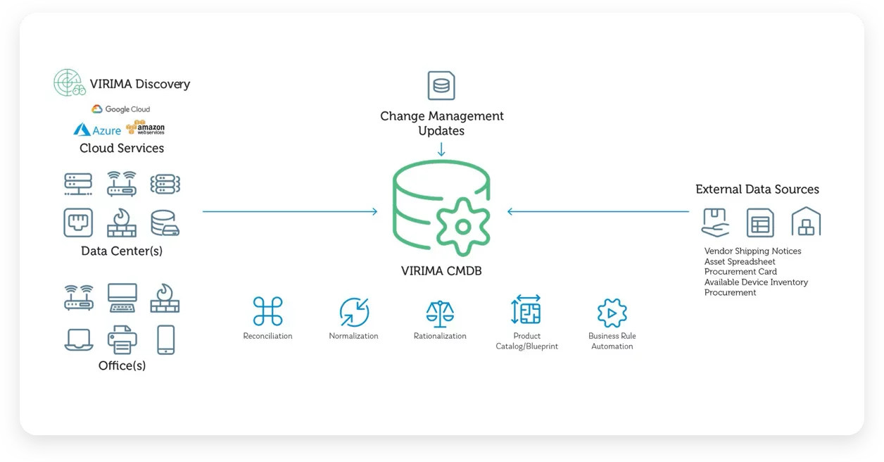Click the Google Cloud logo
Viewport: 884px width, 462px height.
[x=120, y=109]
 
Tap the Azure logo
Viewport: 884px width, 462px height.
[x=97, y=130]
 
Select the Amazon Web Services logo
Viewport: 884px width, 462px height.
[x=145, y=128]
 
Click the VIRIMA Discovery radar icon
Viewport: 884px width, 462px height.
[x=70, y=83]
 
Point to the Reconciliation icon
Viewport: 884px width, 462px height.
[x=267, y=311]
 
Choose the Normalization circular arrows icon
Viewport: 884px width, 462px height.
[x=354, y=312]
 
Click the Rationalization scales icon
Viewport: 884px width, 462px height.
[x=440, y=312]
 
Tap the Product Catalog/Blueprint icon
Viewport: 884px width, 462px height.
[x=526, y=310]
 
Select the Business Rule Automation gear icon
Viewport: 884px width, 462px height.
[x=612, y=313]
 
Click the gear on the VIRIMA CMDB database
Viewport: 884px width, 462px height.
[x=462, y=226]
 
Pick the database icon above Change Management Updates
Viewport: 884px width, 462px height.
[x=441, y=86]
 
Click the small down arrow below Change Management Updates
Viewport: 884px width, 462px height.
[x=441, y=150]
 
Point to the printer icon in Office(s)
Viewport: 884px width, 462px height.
[x=122, y=339]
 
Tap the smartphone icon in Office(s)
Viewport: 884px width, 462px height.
[x=165, y=339]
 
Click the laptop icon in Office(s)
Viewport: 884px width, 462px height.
[x=79, y=339]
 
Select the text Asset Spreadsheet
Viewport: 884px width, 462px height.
[x=740, y=261]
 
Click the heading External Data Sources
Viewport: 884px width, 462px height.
[x=757, y=189]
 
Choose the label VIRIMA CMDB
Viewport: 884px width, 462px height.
[x=441, y=270]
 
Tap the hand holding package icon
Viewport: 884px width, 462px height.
[x=716, y=222]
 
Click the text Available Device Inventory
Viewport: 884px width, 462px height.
[x=756, y=282]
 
